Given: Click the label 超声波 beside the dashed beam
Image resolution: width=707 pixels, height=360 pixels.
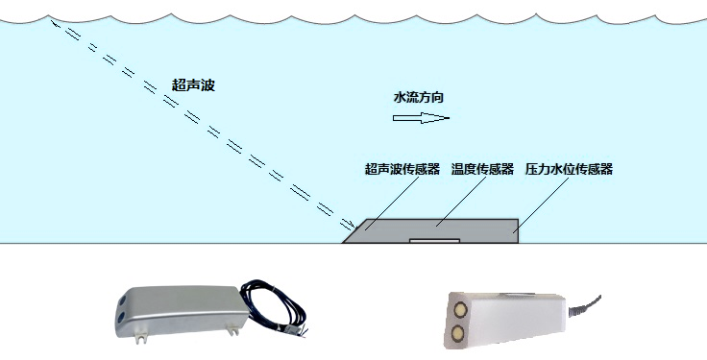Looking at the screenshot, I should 193,85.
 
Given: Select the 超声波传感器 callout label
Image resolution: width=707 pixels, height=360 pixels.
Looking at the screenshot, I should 402,169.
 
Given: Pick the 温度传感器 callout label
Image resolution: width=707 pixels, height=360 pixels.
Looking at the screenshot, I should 482,169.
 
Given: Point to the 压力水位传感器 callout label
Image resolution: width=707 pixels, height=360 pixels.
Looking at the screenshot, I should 569,169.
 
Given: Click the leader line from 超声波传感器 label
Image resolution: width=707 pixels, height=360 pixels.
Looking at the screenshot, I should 383,204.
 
